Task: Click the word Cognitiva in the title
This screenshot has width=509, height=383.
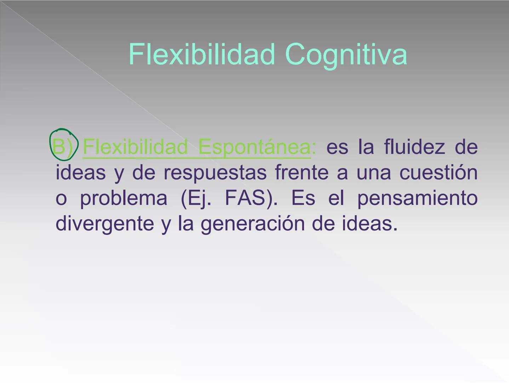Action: [345, 55]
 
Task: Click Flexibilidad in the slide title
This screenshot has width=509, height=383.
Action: [201, 54]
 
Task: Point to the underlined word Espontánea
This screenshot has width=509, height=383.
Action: [254, 147]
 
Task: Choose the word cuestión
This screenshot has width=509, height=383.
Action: [438, 173]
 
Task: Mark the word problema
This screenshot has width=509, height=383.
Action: [124, 198]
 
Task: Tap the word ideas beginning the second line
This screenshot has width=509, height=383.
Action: [81, 173]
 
